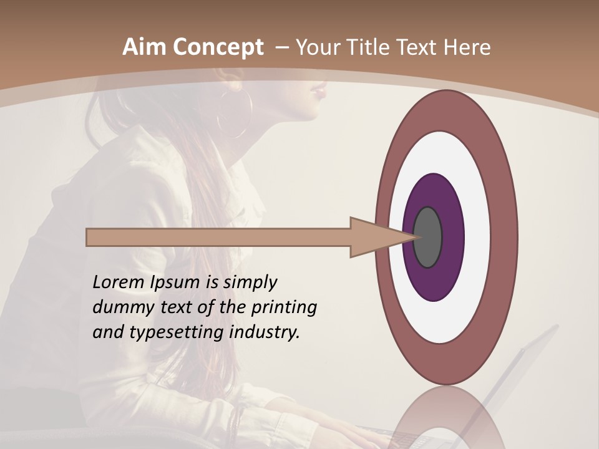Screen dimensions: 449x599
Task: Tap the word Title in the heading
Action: point(371,47)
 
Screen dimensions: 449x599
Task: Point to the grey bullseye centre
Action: point(428,238)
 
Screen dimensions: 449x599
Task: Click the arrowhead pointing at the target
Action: point(374,238)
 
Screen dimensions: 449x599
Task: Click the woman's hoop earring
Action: point(234,115)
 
